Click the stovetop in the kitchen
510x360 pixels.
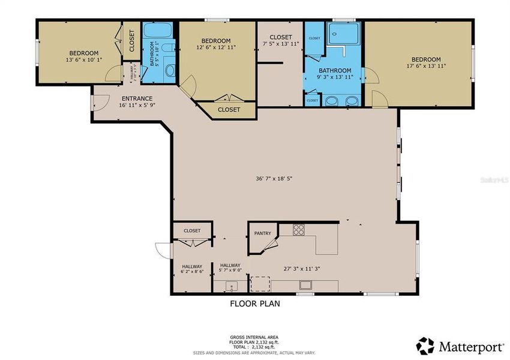click(x=299, y=229)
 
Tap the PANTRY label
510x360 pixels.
click(x=262, y=233)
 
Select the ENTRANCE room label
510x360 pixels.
click(x=137, y=98)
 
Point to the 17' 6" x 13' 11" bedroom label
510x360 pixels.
click(x=425, y=62)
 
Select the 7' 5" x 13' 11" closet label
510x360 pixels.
click(x=281, y=40)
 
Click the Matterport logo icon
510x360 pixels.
click(x=425, y=345)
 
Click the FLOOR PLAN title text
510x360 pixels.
click(x=255, y=304)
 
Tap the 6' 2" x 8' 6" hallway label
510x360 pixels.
click(x=192, y=269)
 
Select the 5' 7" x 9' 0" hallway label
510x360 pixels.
click(x=230, y=268)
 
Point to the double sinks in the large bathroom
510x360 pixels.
click(x=340, y=100)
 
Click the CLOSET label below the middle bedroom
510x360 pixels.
click(x=229, y=110)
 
